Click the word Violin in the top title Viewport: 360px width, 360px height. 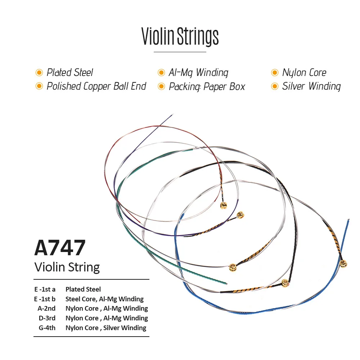click(158, 36)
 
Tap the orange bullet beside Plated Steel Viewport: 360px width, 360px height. click(39, 73)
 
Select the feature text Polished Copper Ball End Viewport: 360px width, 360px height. click(96, 86)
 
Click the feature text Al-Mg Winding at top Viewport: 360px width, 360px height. click(198, 73)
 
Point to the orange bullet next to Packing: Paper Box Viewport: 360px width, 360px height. click(161, 86)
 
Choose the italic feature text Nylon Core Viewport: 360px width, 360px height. click(304, 73)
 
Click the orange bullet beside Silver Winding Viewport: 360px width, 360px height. click(275, 86)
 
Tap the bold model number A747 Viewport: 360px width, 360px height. click(60, 248)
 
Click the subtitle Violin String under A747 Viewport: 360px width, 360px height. click(67, 267)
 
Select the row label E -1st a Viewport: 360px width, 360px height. click(45, 289)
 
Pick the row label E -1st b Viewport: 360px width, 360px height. click(45, 299)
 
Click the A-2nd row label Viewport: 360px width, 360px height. click(46, 309)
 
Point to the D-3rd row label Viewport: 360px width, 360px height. click(47, 318)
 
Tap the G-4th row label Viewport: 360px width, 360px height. click(47, 328)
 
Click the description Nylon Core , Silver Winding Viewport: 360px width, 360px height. click(106, 328)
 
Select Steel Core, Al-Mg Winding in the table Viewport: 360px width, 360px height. click(104, 299)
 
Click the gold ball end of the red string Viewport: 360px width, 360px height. click(224, 205)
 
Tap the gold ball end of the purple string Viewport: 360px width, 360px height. click(240, 215)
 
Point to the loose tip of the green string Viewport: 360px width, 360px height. click(226, 283)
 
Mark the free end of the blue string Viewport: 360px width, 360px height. click(348, 220)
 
